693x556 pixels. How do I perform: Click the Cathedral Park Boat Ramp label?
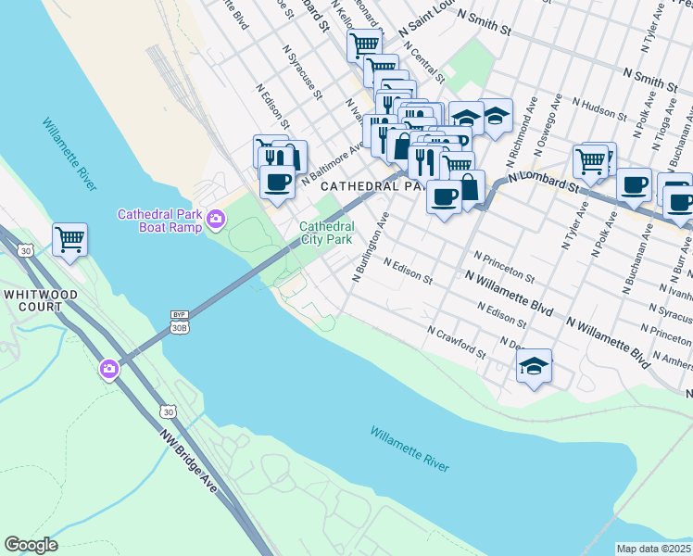pos(160,221)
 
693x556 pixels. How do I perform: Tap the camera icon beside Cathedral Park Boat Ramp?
pos(215,220)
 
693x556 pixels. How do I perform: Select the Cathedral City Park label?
pos(325,233)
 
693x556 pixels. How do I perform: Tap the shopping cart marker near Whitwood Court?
pos(69,240)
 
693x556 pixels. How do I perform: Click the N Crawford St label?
pos(457,342)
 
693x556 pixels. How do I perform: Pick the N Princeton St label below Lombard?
pos(504,266)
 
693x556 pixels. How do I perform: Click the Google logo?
pos(31,545)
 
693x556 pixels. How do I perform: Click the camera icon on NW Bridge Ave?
pos(109,371)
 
